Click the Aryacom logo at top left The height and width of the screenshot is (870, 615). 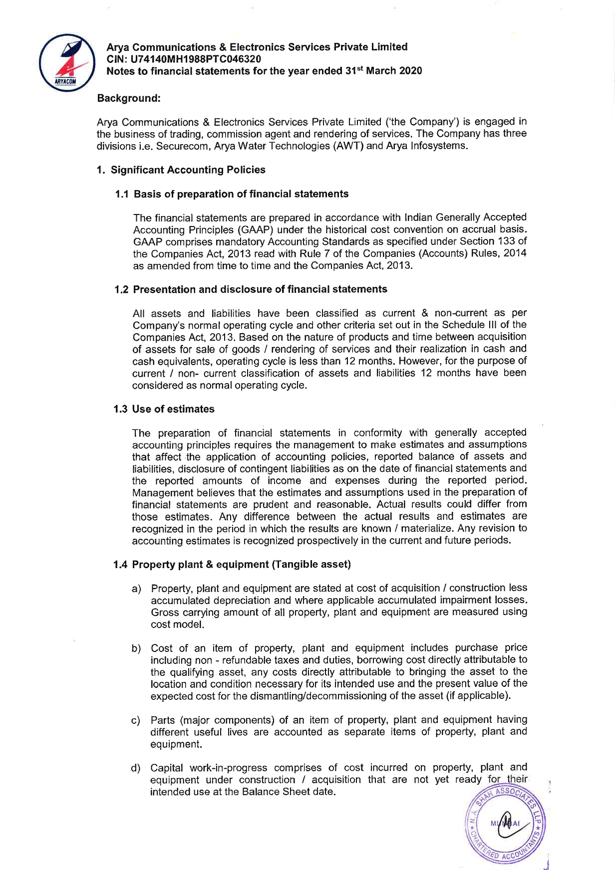pos(67,62)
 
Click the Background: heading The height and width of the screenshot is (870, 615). pos(129,98)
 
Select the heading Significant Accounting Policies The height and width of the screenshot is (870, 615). pos(188,170)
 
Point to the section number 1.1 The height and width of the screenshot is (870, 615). pos(122,194)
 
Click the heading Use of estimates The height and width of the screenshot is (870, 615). pos(173,409)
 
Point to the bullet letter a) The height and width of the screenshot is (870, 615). pos(136,589)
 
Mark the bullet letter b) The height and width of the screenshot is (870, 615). pos(136,649)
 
